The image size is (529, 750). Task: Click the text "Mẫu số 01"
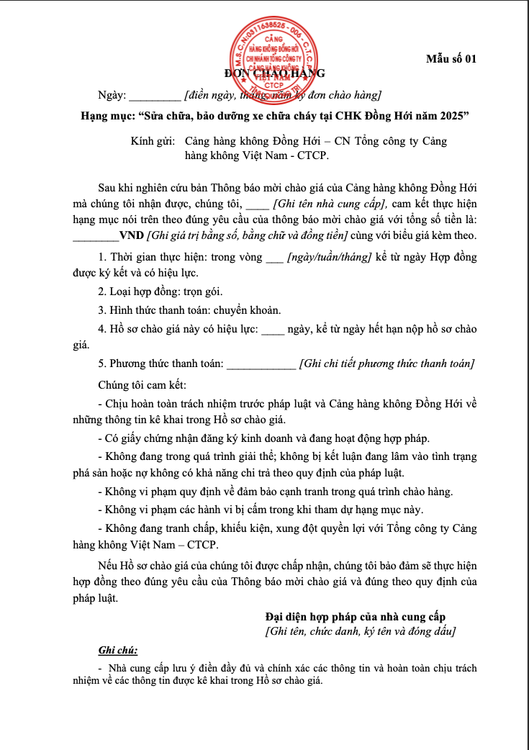451,59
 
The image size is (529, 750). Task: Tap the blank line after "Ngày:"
155,96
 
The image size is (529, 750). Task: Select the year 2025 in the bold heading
454,116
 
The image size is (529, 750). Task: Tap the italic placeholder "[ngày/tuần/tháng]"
328,257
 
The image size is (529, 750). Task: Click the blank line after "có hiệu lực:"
272,330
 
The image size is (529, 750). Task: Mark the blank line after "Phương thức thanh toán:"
261,364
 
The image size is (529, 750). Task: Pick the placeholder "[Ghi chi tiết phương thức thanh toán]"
386,364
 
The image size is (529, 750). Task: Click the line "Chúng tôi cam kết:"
143,384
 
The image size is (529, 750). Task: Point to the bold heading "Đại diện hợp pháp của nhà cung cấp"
356,617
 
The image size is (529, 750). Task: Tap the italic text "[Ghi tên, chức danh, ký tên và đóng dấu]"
360,631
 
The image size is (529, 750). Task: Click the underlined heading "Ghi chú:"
118,651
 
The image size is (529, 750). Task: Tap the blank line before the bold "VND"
96,235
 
